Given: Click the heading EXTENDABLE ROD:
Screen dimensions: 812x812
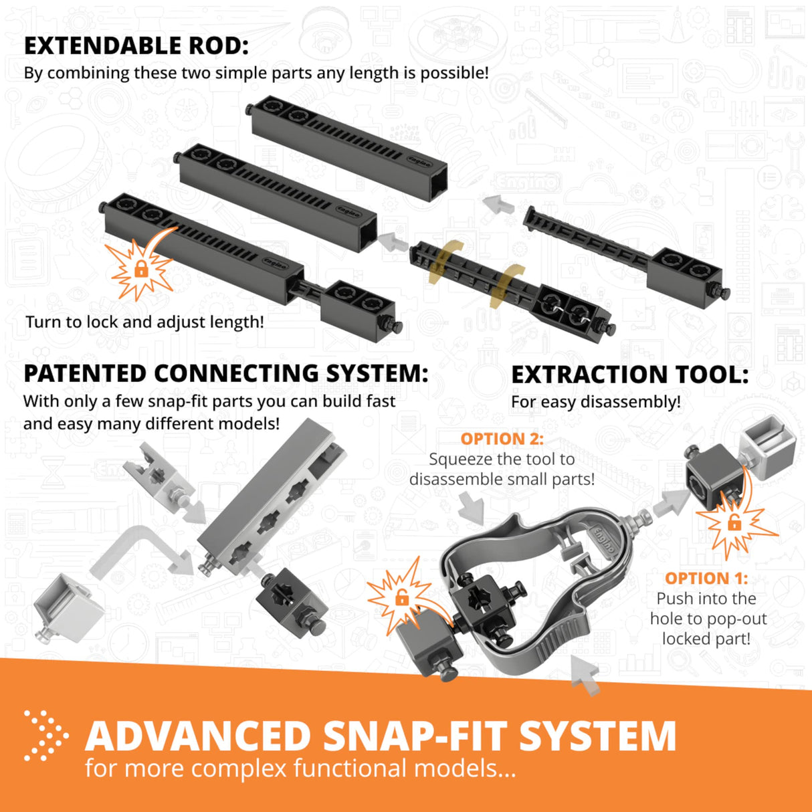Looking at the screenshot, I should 136,45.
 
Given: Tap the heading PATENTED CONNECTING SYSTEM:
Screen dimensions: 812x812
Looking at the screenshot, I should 225,373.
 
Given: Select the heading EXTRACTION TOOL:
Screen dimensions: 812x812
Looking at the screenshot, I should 629,375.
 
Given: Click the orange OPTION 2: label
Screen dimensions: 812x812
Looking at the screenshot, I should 502,439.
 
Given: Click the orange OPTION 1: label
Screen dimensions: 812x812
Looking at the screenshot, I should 706,578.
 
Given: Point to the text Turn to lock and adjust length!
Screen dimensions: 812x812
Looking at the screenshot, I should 144,322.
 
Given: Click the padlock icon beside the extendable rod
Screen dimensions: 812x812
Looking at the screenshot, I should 140,269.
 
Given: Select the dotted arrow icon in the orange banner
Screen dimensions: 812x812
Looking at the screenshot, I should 45,736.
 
